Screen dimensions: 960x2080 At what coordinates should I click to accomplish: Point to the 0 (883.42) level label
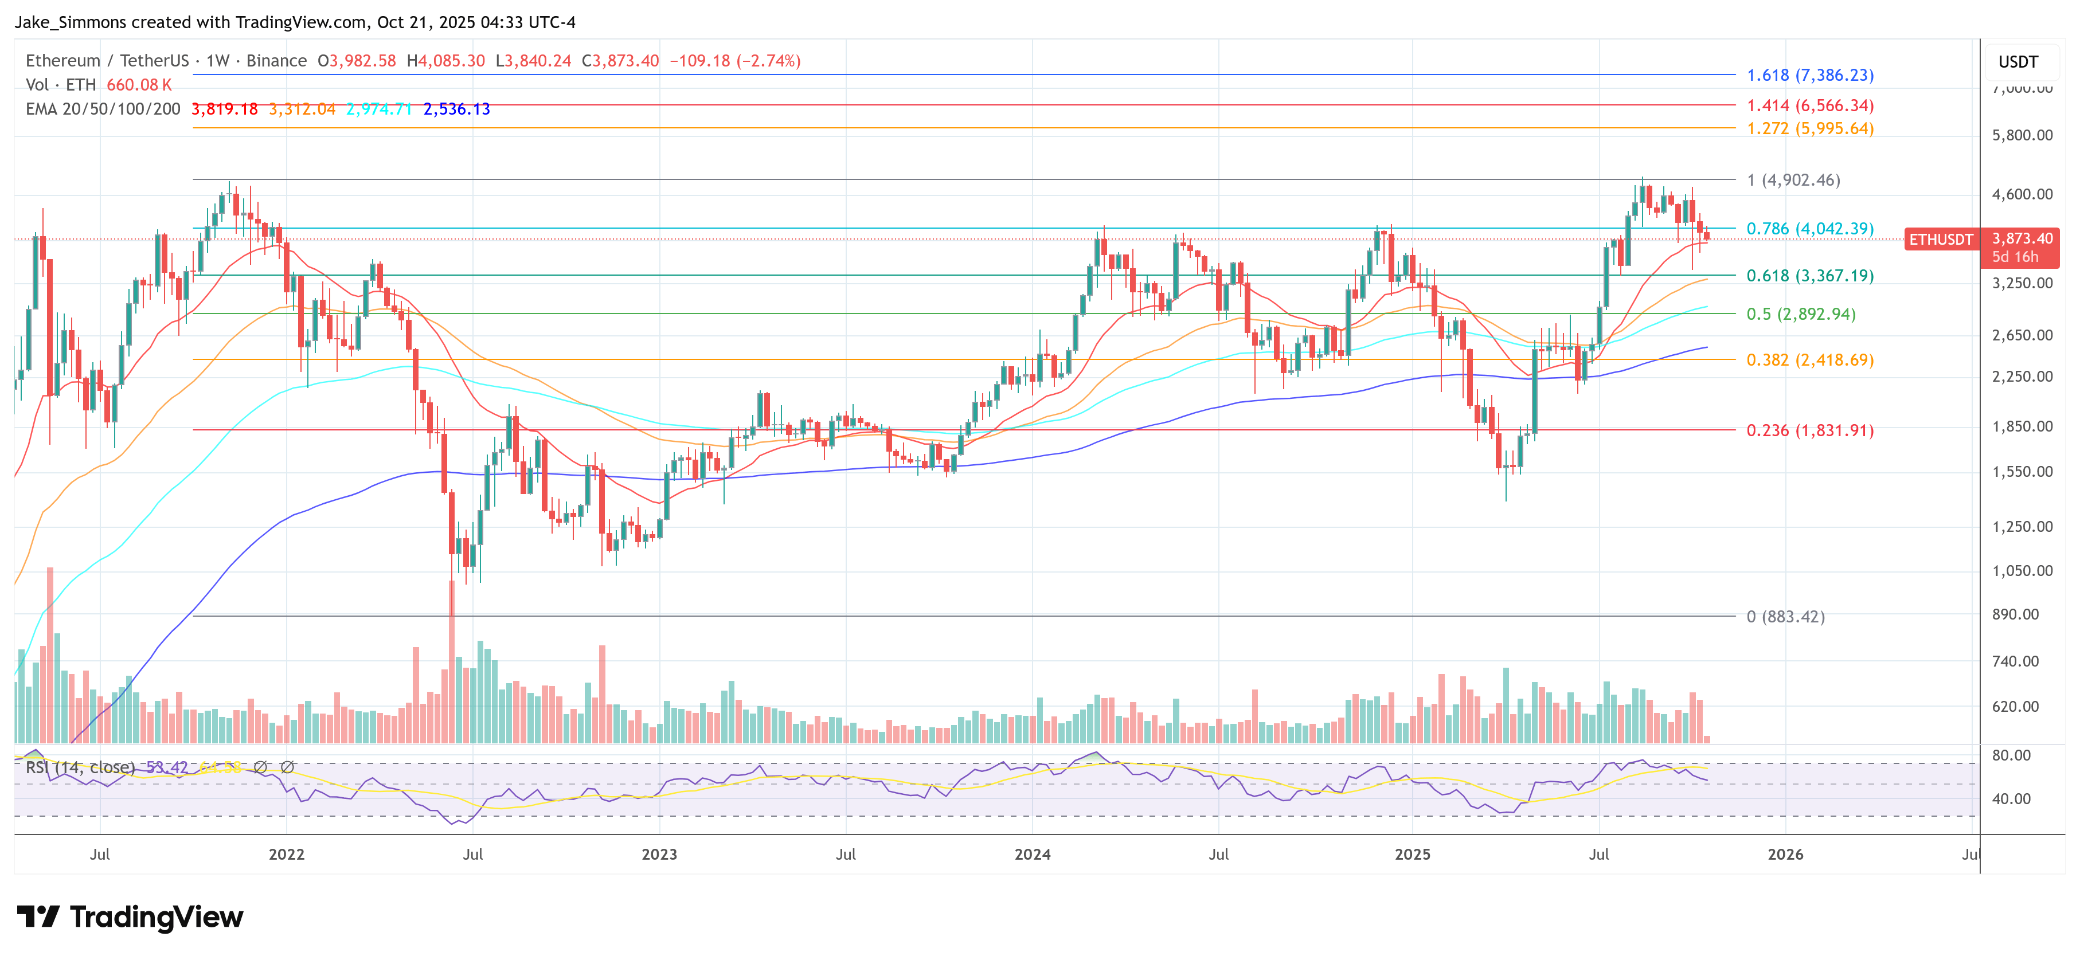[x=1785, y=617]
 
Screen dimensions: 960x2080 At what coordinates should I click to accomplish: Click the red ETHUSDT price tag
[x=1940, y=239]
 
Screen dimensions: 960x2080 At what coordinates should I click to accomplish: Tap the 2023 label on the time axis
[x=659, y=854]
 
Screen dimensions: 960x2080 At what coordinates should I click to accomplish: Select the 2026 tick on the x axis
[x=1785, y=854]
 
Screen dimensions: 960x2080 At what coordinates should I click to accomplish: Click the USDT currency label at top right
[x=2018, y=62]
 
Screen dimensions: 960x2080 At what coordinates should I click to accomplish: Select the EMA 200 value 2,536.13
[x=456, y=109]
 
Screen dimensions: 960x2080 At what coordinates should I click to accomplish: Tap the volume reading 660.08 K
[x=139, y=85]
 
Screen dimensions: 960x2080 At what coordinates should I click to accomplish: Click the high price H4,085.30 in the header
[x=445, y=61]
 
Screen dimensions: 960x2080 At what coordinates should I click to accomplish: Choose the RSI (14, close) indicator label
[x=80, y=767]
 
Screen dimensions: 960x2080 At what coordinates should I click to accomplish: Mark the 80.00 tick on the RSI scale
[x=2011, y=755]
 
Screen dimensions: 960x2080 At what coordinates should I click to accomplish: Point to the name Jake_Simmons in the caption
[x=69, y=22]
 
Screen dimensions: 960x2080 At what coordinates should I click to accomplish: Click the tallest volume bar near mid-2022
[x=451, y=662]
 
